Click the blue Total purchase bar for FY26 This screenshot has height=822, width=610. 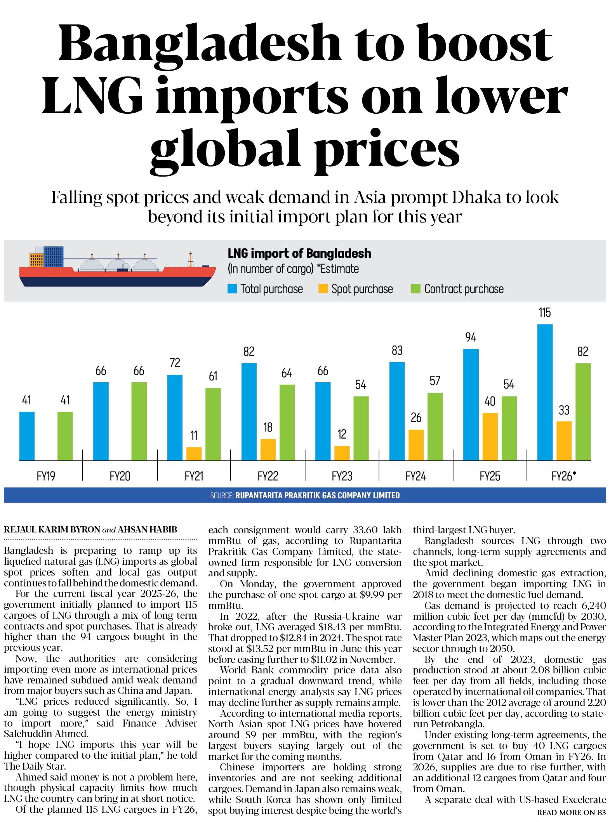(x=544, y=392)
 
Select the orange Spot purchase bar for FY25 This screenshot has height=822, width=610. (x=490, y=436)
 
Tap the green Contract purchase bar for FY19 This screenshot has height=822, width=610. (x=65, y=435)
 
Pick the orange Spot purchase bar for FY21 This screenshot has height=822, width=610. (x=194, y=453)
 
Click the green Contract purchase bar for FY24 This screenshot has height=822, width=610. (x=435, y=426)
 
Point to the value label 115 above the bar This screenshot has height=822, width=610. (x=544, y=313)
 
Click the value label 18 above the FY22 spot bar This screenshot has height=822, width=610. (x=268, y=427)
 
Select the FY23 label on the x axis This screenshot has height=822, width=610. (x=342, y=476)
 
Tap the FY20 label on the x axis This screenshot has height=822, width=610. (x=120, y=476)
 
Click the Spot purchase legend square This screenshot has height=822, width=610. (x=323, y=289)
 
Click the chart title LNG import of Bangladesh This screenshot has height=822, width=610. (x=299, y=253)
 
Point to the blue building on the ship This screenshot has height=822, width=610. (x=53, y=256)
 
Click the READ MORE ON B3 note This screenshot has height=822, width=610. (x=571, y=812)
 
